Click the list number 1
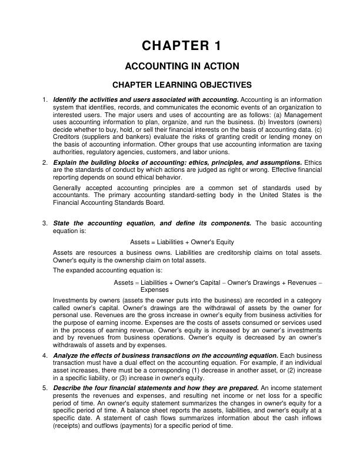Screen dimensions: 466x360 tap(45, 99)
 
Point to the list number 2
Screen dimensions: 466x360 tap(45, 162)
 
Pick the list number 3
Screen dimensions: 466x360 tap(45, 224)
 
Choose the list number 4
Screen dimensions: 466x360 tap(45, 356)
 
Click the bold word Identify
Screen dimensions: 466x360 tap(64, 99)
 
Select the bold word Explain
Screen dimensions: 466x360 tap(64, 162)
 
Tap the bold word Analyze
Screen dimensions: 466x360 tap(65, 356)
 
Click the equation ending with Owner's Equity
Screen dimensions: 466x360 tap(182, 242)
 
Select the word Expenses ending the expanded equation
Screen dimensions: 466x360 tap(155, 290)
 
